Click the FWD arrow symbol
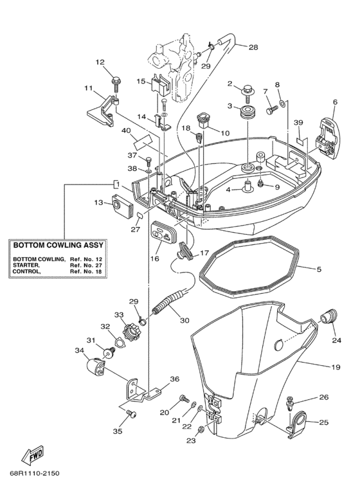pyautogui.click(x=33, y=456)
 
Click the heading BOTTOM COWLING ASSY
pyautogui.click(x=57, y=245)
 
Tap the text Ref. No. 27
pyautogui.click(x=89, y=265)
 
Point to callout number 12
pyautogui.click(x=100, y=62)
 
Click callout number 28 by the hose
pyautogui.click(x=253, y=47)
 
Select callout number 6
pyautogui.click(x=334, y=102)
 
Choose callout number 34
pyautogui.click(x=78, y=350)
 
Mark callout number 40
pyautogui.click(x=126, y=131)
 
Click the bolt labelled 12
pyautogui.click(x=116, y=82)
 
